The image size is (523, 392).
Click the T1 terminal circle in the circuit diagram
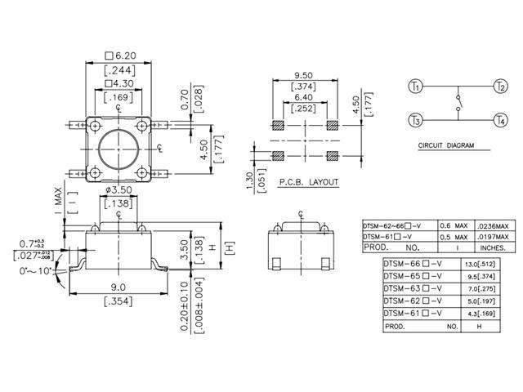point(415,86)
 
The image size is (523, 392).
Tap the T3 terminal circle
point(415,121)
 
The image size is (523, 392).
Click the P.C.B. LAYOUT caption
point(308,183)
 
